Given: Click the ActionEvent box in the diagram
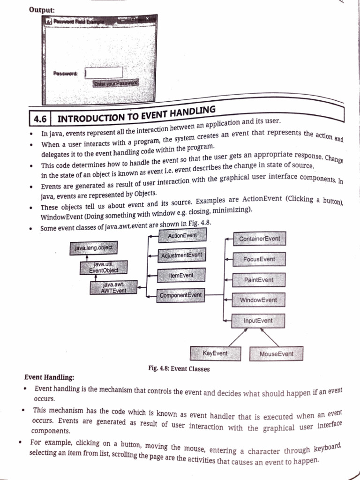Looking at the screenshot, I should click(182, 235).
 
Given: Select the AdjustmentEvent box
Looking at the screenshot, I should click(181, 255).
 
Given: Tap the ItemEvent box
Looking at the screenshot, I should click(181, 275).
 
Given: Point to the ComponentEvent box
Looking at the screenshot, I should click(180, 295).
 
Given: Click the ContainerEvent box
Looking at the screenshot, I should click(259, 239).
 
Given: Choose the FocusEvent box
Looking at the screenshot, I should click(259, 259).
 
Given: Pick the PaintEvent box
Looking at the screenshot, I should click(259, 280).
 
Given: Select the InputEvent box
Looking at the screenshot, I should click(258, 321).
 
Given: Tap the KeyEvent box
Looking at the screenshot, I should click(215, 353).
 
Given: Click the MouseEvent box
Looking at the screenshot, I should click(276, 354).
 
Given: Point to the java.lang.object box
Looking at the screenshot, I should click(94, 247).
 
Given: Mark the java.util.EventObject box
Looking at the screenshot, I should click(104, 267).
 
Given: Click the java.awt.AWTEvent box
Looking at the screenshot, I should click(113, 287).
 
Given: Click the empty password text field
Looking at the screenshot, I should click(104, 73).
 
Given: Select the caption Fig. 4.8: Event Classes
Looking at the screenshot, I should click(179, 369).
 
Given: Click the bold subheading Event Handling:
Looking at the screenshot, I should click(49, 377).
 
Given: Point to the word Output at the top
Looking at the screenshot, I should click(42, 9).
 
